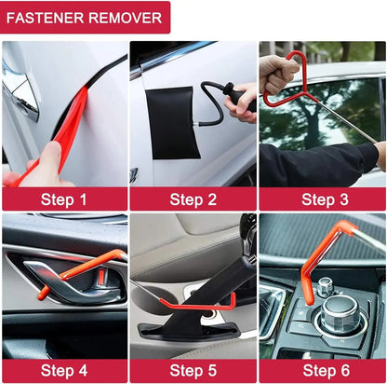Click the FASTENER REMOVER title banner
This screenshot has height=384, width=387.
click(86, 17)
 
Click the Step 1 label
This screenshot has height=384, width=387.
click(63, 199)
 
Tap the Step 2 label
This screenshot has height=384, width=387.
click(193, 199)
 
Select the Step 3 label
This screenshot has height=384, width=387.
click(322, 199)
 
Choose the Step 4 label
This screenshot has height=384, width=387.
click(63, 371)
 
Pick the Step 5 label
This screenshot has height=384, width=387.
click(193, 371)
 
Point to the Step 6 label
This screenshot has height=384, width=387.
click(322, 371)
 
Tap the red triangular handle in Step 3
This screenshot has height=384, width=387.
click(287, 78)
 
